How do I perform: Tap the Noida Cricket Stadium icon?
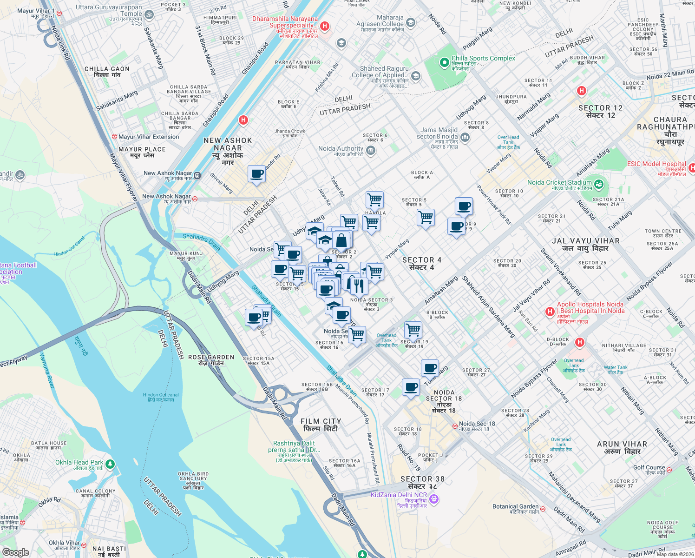tap(598, 185)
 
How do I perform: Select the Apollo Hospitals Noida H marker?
tap(550, 311)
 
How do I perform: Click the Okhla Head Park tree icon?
tap(110, 464)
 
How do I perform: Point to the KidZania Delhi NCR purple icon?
tap(434, 499)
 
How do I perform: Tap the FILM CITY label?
tap(321, 425)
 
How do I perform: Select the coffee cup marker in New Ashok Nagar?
tap(256, 174)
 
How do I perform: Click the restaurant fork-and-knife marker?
tap(357, 285)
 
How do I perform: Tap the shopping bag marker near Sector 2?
tap(341, 240)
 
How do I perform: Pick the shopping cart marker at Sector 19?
tap(413, 330)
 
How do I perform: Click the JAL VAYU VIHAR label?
tap(585, 245)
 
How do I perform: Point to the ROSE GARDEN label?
tap(211, 360)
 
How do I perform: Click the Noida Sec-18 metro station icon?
tap(455, 426)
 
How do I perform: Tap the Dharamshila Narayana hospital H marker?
tap(325, 26)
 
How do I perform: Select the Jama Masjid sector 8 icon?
tap(465, 137)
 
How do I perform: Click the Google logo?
tap(15, 552)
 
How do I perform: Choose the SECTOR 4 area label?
tap(421, 264)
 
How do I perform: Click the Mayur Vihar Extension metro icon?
tap(114, 137)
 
